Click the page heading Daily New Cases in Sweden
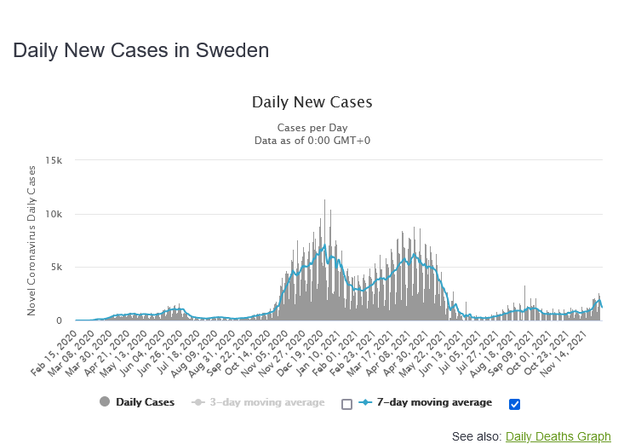(140, 50)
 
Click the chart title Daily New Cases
(312, 102)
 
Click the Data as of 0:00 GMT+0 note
(312, 141)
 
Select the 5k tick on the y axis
(57, 268)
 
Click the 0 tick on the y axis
(60, 321)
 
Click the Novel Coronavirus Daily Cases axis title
(31, 240)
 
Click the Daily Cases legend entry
(137, 402)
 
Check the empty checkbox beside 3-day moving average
(346, 404)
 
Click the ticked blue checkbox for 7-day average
(513, 404)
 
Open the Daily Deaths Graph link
(558, 436)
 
